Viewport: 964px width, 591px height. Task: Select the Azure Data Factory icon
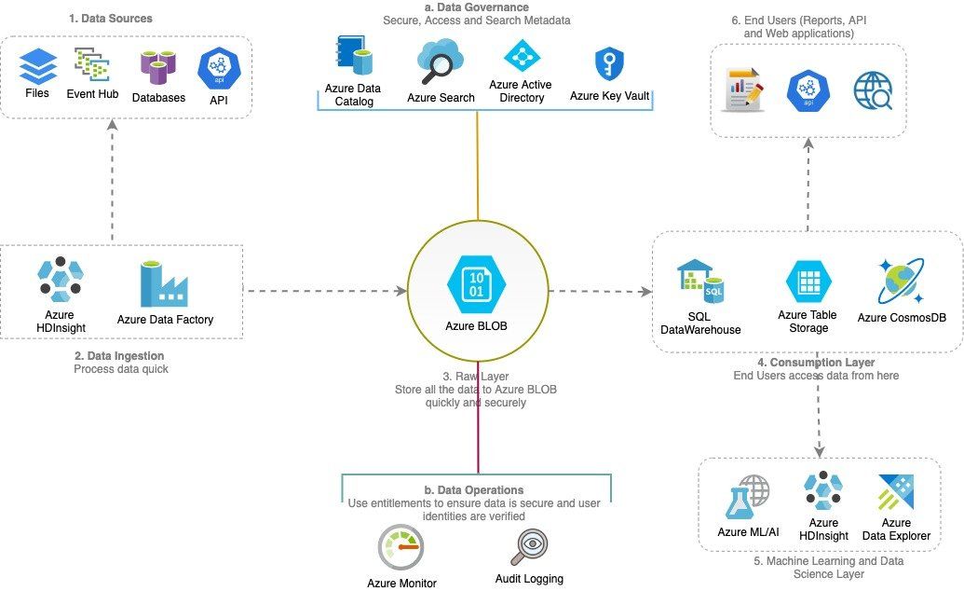pos(164,283)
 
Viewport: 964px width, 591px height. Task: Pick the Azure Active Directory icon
pos(521,58)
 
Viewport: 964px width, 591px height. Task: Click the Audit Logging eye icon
pos(529,547)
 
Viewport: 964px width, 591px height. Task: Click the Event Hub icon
pos(93,65)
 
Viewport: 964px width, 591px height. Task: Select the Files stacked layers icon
pos(38,66)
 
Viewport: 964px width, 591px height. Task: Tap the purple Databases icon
pos(158,67)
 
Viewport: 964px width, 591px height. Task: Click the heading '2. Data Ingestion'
pos(118,356)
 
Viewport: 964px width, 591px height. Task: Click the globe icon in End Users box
pos(873,91)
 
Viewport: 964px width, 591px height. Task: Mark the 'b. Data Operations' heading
pos(473,490)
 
